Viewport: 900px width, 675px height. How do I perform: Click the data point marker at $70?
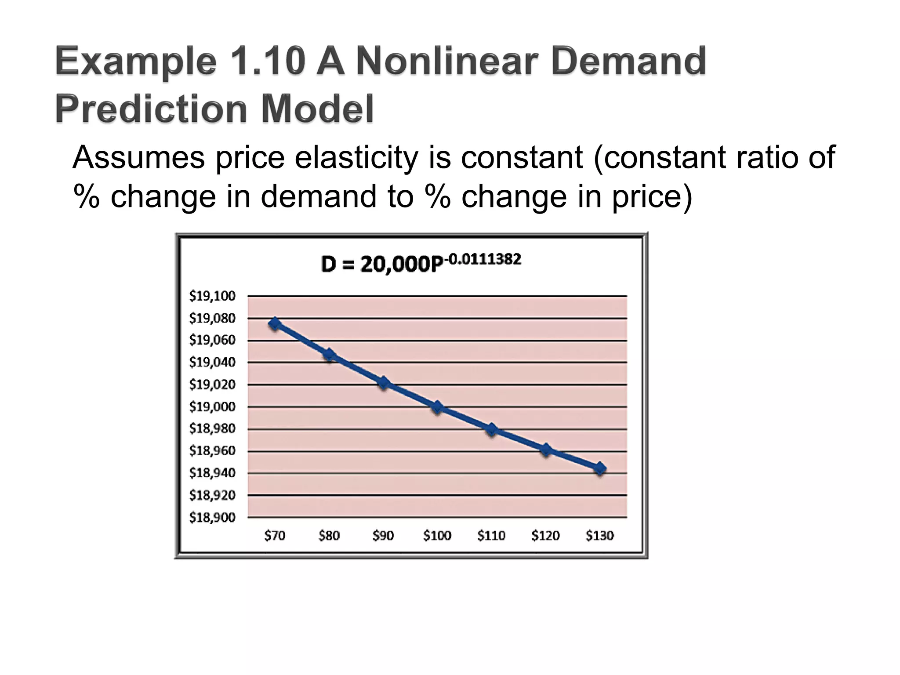275,324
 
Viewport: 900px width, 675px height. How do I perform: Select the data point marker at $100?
437,407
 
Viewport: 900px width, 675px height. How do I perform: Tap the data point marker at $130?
600,468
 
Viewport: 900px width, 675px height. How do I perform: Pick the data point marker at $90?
383,383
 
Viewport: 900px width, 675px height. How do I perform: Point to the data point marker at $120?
546,450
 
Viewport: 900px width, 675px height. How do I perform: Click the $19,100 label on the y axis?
212,296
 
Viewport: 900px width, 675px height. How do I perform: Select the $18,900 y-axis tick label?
212,518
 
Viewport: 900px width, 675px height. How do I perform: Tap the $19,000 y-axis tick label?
212,407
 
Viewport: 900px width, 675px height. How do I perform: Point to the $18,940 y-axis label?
212,473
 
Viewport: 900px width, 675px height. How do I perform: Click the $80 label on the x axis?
329,536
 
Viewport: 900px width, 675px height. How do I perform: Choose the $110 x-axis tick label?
491,536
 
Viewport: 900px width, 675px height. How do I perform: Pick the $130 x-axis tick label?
600,536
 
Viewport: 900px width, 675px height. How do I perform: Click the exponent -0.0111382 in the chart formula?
483,259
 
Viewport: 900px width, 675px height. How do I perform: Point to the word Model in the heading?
317,109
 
